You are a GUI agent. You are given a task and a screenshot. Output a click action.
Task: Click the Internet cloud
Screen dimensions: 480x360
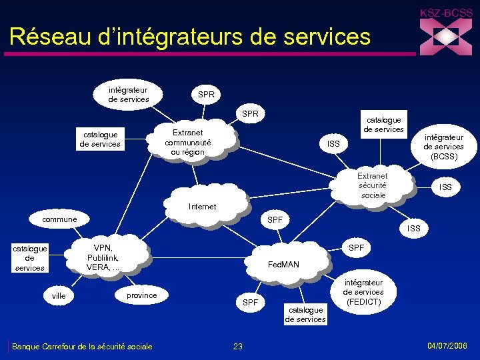coord(202,206)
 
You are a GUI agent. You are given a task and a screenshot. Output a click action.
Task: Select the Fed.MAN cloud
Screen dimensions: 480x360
coord(283,265)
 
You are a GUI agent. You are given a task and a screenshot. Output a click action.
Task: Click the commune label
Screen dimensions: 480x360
coord(59,219)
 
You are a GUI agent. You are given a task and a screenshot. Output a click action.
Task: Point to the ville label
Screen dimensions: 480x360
coord(59,295)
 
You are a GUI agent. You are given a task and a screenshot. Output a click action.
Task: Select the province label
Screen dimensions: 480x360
coord(141,295)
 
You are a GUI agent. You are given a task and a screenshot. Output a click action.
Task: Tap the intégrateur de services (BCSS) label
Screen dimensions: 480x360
coord(443,147)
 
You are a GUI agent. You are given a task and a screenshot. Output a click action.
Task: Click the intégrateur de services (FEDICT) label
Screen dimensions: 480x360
coord(363,292)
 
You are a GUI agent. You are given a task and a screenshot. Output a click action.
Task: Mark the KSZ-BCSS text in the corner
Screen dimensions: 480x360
coord(445,13)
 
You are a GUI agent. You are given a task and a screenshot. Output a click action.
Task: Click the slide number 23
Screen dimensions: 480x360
coord(238,346)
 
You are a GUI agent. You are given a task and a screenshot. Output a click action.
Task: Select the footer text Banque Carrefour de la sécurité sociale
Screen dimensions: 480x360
coord(82,346)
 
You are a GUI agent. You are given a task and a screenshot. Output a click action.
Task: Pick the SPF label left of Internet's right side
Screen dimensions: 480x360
coord(275,219)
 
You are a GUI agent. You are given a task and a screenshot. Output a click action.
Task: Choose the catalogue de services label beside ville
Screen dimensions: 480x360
coord(29,258)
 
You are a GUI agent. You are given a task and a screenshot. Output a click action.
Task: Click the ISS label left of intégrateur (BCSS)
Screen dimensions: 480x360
coord(333,143)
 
